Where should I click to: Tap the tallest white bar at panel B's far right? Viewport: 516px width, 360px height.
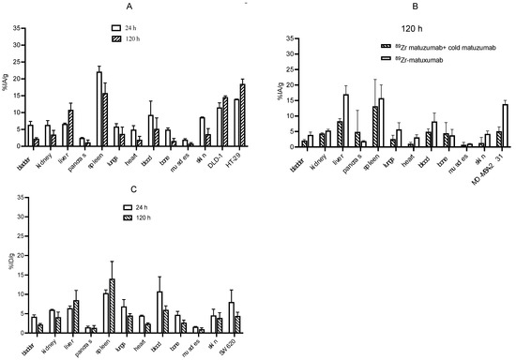(x=505, y=125)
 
